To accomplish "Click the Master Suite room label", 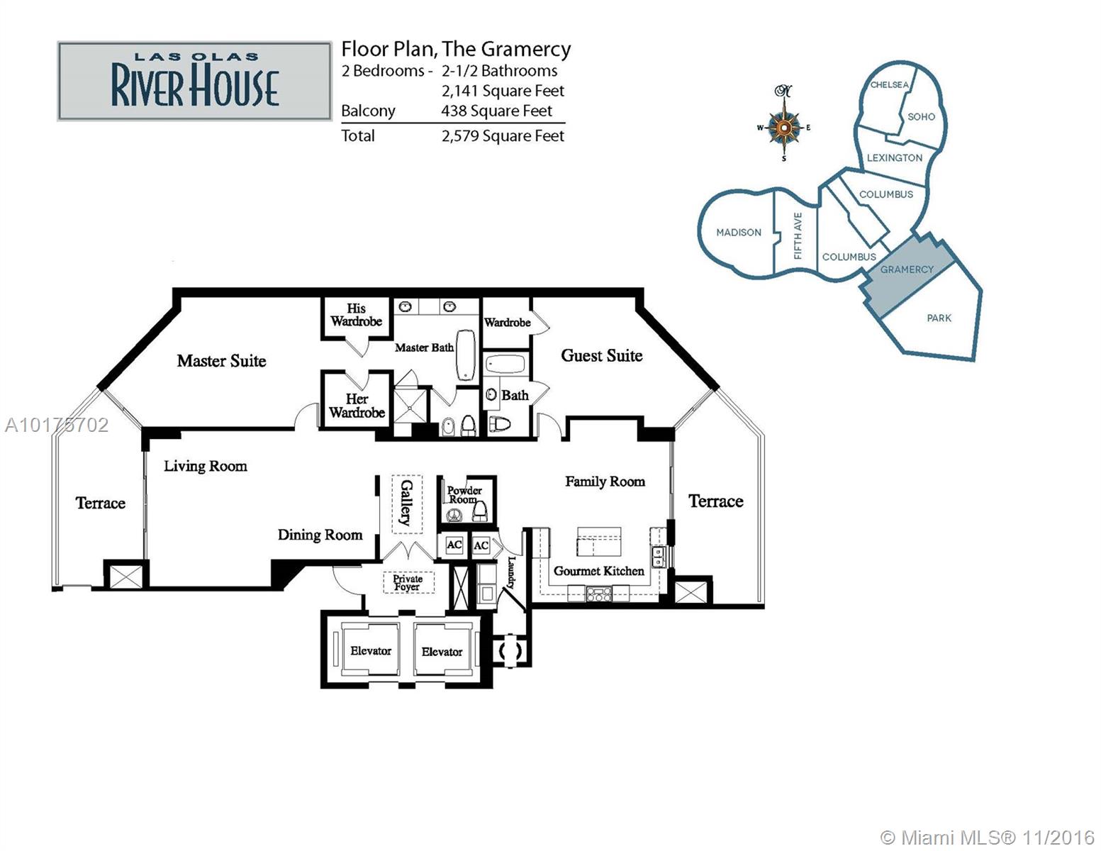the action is (221, 361).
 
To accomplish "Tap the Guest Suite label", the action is (601, 355).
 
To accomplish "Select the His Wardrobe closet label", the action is (356, 315).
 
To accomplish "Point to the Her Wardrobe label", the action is (357, 406).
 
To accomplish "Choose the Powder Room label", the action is (464, 495).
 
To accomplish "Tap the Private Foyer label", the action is (408, 582).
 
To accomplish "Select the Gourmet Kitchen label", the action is (598, 571).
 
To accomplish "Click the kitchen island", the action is (599, 541).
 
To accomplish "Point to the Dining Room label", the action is (320, 535).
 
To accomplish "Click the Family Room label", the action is (605, 482).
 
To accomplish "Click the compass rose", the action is (784, 127).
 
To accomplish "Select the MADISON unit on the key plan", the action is (738, 233).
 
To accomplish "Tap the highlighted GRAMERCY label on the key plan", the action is (907, 269).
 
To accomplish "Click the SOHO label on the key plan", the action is (921, 116).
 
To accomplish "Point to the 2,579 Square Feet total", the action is (503, 136).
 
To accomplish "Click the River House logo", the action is (194, 81).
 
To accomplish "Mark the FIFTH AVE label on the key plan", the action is (798, 235).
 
